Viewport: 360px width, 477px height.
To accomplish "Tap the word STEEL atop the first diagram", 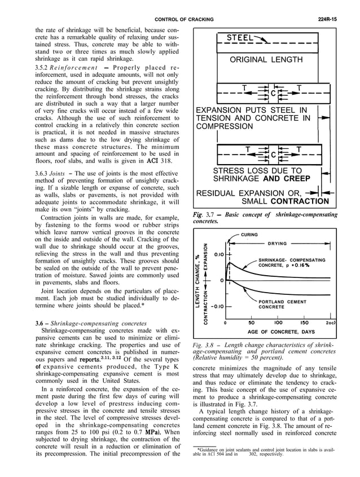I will (x=240, y=38).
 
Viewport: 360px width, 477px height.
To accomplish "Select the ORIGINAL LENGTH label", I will (x=266, y=60).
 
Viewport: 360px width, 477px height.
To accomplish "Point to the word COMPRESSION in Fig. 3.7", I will (x=225, y=127).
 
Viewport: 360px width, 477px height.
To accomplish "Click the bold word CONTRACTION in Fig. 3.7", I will (x=299, y=201).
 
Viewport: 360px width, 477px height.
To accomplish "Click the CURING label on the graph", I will (x=249, y=234).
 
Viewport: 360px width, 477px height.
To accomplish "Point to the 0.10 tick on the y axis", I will (x=218, y=255).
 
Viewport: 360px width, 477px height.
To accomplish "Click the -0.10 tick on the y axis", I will (x=218, y=306).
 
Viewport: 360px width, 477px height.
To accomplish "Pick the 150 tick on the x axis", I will (x=305, y=323).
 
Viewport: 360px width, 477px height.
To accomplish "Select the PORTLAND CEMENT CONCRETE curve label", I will (x=282, y=304).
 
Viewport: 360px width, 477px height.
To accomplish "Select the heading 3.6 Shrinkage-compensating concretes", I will (x=84, y=323).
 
